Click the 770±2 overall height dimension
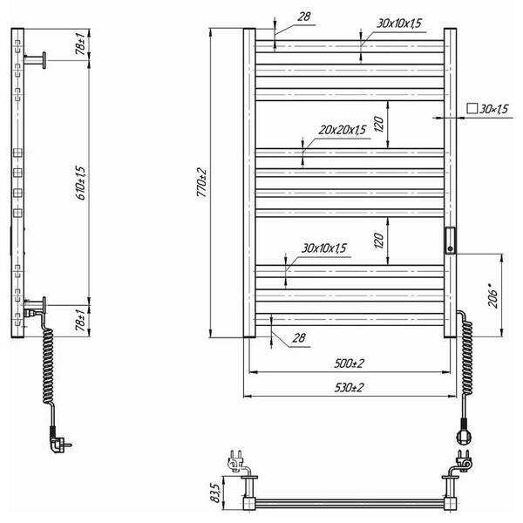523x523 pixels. coord(202,182)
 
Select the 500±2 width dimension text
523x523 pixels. coord(349,363)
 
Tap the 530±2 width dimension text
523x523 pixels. coord(349,388)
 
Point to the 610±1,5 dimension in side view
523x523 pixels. coord(81,183)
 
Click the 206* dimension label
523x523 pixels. coord(493,295)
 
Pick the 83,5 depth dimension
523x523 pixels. coord(215,493)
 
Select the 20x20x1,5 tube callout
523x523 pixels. coord(343,130)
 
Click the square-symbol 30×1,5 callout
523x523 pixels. coord(487,109)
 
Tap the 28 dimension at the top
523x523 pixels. coord(304,17)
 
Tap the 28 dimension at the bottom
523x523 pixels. coord(298,338)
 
